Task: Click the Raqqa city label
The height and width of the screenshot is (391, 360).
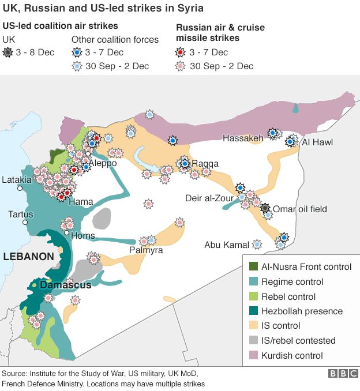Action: (206, 163)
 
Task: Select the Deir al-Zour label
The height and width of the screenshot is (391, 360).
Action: (209, 198)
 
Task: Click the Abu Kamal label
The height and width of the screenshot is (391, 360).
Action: (227, 245)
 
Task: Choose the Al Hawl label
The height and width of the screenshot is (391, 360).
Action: (317, 142)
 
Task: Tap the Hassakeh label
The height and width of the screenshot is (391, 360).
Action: (243, 138)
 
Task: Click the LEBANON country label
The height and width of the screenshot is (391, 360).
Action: (28, 255)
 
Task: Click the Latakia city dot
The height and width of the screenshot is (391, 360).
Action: (19, 188)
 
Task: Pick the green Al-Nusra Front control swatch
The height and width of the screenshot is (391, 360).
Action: (252, 267)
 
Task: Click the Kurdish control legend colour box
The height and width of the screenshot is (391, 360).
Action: (252, 356)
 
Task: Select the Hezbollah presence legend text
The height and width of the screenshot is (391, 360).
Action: (302, 311)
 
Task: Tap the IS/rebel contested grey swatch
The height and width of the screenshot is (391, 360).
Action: (252, 341)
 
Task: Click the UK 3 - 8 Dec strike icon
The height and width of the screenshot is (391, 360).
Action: (7, 52)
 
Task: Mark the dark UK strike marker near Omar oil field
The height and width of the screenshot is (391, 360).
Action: (265, 208)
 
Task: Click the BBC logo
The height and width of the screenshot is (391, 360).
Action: (343, 374)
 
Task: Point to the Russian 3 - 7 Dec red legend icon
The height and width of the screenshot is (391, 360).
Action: (181, 52)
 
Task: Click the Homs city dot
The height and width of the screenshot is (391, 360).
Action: (67, 233)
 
